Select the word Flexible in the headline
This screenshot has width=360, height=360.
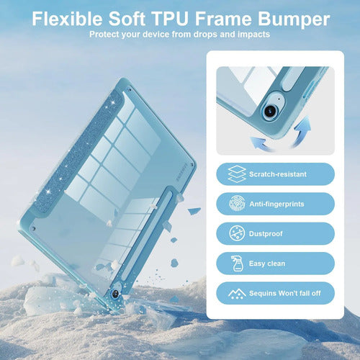click(x=67, y=19)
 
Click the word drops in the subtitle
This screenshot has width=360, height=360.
click(x=206, y=35)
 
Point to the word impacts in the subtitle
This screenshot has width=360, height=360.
click(x=254, y=35)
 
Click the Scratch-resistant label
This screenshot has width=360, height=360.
click(x=278, y=174)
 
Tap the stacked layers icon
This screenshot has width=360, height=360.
click(x=237, y=174)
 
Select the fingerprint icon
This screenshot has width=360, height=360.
click(x=237, y=204)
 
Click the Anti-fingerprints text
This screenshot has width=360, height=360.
click(x=276, y=204)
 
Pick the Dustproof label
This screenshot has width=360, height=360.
click(x=266, y=233)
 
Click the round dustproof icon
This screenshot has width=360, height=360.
click(x=237, y=233)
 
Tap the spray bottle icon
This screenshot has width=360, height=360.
click(x=237, y=264)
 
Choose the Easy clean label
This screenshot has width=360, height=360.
click(x=267, y=264)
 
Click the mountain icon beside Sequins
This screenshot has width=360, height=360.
click(x=237, y=294)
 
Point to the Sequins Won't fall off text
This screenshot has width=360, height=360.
click(x=285, y=293)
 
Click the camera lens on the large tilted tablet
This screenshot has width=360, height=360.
click(x=115, y=294)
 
